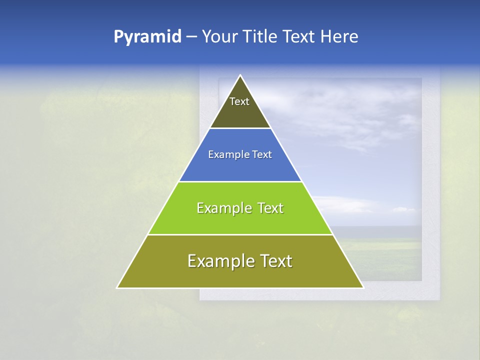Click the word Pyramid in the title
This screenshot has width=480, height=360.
click(x=147, y=37)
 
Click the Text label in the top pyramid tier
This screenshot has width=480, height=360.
click(x=239, y=101)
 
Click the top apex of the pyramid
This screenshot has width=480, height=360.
click(x=240, y=75)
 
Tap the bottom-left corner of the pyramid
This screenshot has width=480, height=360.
click(x=117, y=288)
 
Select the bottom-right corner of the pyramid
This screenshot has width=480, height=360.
click(x=363, y=288)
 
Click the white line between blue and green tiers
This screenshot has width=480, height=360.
click(x=240, y=181)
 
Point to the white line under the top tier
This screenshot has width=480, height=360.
click(x=240, y=128)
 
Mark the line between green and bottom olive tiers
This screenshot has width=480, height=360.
click(x=240, y=234)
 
